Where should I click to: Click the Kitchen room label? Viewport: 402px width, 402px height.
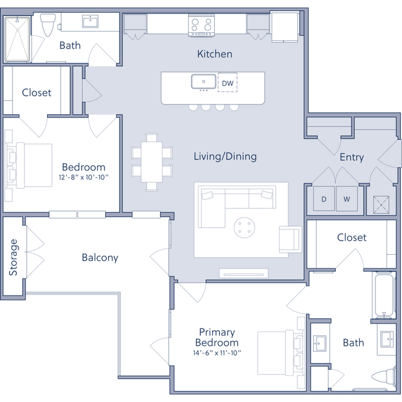pos(215,54)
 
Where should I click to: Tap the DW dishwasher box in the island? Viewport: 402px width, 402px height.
pos(228,82)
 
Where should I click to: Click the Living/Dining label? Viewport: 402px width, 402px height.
pos(225,156)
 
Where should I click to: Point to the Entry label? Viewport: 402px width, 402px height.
pos(351,157)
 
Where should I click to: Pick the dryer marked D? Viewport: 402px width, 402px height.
pos(323,199)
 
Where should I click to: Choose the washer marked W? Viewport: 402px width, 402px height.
pos(346,199)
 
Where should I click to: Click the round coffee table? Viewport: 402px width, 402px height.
pos(245,227)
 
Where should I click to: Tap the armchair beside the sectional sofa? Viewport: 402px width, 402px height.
pos(288,239)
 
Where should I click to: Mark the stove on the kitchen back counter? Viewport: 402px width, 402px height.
pos(200,25)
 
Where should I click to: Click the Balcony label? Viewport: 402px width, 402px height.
pos(100,258)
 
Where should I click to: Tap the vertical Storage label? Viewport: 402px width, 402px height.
pos(12,257)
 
